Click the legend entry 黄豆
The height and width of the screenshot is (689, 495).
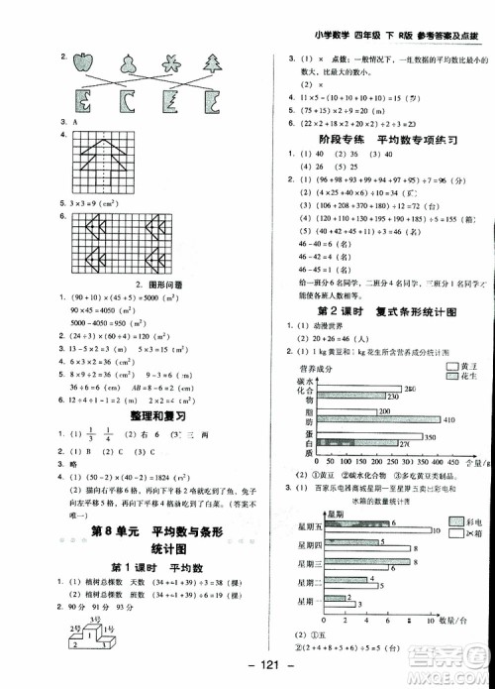pos(460,366)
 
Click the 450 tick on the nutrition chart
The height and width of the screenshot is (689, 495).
pos(443,462)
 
